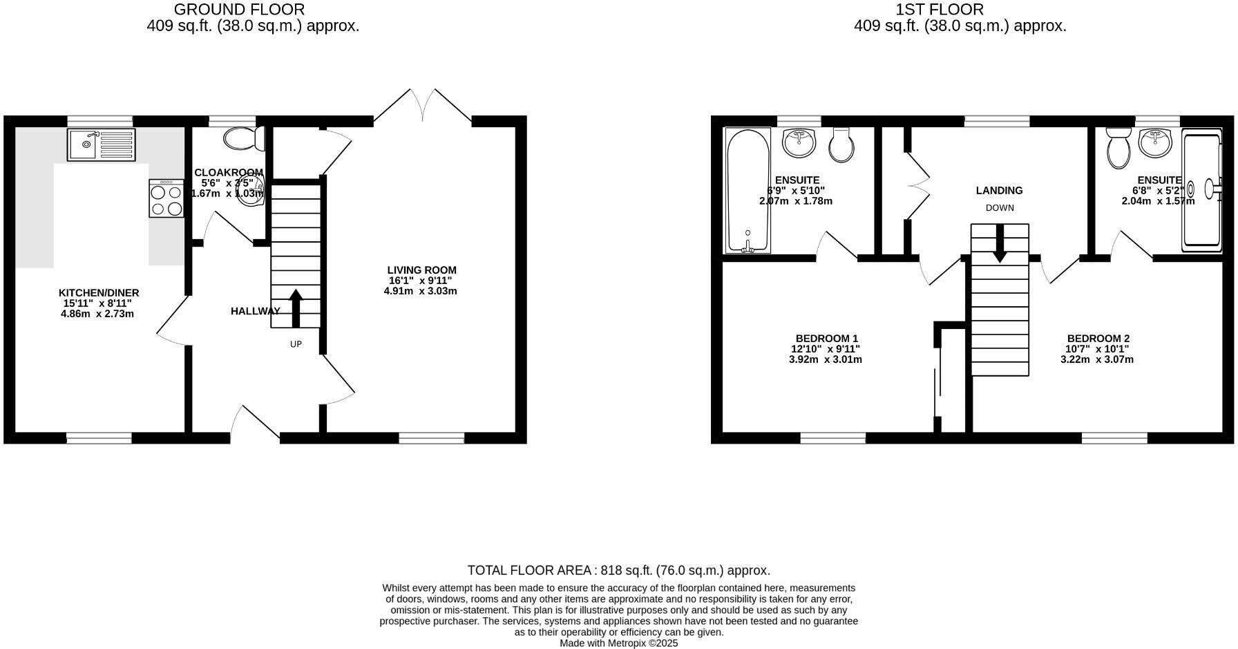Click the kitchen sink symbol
102,144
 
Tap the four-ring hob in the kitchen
166,200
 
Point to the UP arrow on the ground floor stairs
296,308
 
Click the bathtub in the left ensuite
748,189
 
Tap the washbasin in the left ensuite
799,142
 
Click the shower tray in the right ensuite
1202,189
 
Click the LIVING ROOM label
421,270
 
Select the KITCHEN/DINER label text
99,293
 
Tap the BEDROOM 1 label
826,339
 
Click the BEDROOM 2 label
1097,339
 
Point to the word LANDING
999,191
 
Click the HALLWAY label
255,312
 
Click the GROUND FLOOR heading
239,10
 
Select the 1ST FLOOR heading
939,10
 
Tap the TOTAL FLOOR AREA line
618,571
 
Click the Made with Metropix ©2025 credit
618,643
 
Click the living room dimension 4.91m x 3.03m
421,291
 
